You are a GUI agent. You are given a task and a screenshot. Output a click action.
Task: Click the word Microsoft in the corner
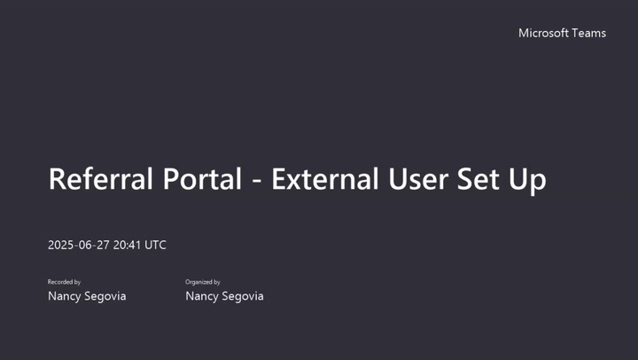pos(543,33)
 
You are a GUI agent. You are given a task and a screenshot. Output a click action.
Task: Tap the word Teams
pos(588,33)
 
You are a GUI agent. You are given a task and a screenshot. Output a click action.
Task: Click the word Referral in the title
pos(101,179)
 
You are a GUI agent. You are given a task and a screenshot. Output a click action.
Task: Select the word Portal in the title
pos(203,179)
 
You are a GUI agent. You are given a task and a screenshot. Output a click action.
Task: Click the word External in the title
pos(325,179)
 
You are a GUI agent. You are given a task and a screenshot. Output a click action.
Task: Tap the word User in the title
pos(418,179)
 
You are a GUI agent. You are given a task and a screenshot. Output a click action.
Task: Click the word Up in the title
pos(527,180)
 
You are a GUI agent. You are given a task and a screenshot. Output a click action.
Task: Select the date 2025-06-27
pos(79,245)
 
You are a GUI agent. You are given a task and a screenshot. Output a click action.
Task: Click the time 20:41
pos(127,245)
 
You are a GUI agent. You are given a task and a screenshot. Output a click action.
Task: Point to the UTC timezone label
pos(155,245)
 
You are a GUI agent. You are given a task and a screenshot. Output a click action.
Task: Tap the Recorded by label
pos(64,282)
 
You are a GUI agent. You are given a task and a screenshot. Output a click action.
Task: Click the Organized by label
pos(203,282)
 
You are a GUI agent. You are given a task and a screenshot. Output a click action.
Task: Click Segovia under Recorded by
pos(105,296)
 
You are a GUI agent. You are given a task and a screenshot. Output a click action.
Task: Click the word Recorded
pos(60,282)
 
